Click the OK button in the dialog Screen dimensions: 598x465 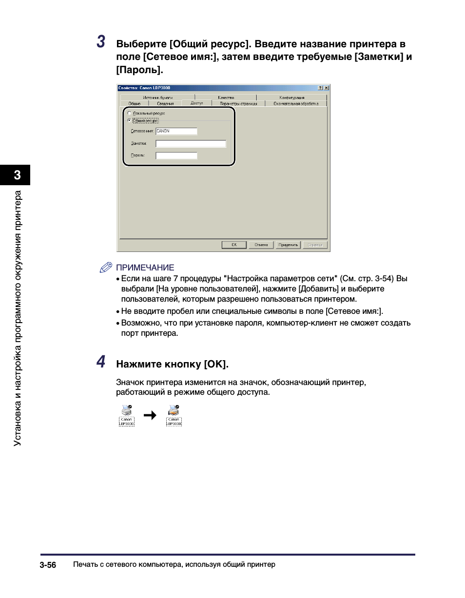[234, 245]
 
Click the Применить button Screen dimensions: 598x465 [288, 245]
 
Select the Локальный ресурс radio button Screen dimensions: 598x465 [129, 113]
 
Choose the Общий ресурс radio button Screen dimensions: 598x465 [129, 120]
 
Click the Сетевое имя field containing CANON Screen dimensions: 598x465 [176, 131]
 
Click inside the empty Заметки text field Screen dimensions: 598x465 [191, 144]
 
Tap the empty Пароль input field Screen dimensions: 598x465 [176, 156]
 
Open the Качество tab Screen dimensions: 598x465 [226, 97]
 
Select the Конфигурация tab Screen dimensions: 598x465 [291, 97]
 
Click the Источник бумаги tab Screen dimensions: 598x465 [157, 97]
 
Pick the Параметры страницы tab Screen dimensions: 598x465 [238, 103]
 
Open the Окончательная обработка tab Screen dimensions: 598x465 [295, 103]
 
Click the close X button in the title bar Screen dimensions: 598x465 [326, 88]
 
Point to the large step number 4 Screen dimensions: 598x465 [100, 362]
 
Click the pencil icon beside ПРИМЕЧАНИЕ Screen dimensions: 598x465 [106, 267]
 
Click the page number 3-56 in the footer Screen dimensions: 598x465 [48, 565]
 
